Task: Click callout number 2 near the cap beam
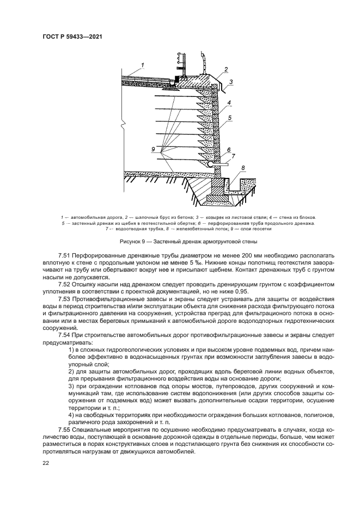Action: click(x=225, y=71)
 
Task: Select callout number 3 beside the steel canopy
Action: click(x=230, y=82)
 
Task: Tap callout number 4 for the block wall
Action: click(x=230, y=103)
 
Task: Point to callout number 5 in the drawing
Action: click(x=230, y=117)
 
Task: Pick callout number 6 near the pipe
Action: click(x=229, y=150)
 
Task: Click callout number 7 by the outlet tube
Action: click(x=233, y=156)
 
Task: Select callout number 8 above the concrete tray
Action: click(x=243, y=168)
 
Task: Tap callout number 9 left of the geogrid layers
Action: click(x=154, y=149)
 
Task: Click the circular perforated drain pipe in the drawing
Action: click(x=210, y=162)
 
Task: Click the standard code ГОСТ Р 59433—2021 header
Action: click(x=73, y=36)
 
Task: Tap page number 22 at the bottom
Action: click(x=46, y=463)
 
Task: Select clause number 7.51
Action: click(x=65, y=255)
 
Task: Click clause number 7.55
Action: click(x=65, y=430)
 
